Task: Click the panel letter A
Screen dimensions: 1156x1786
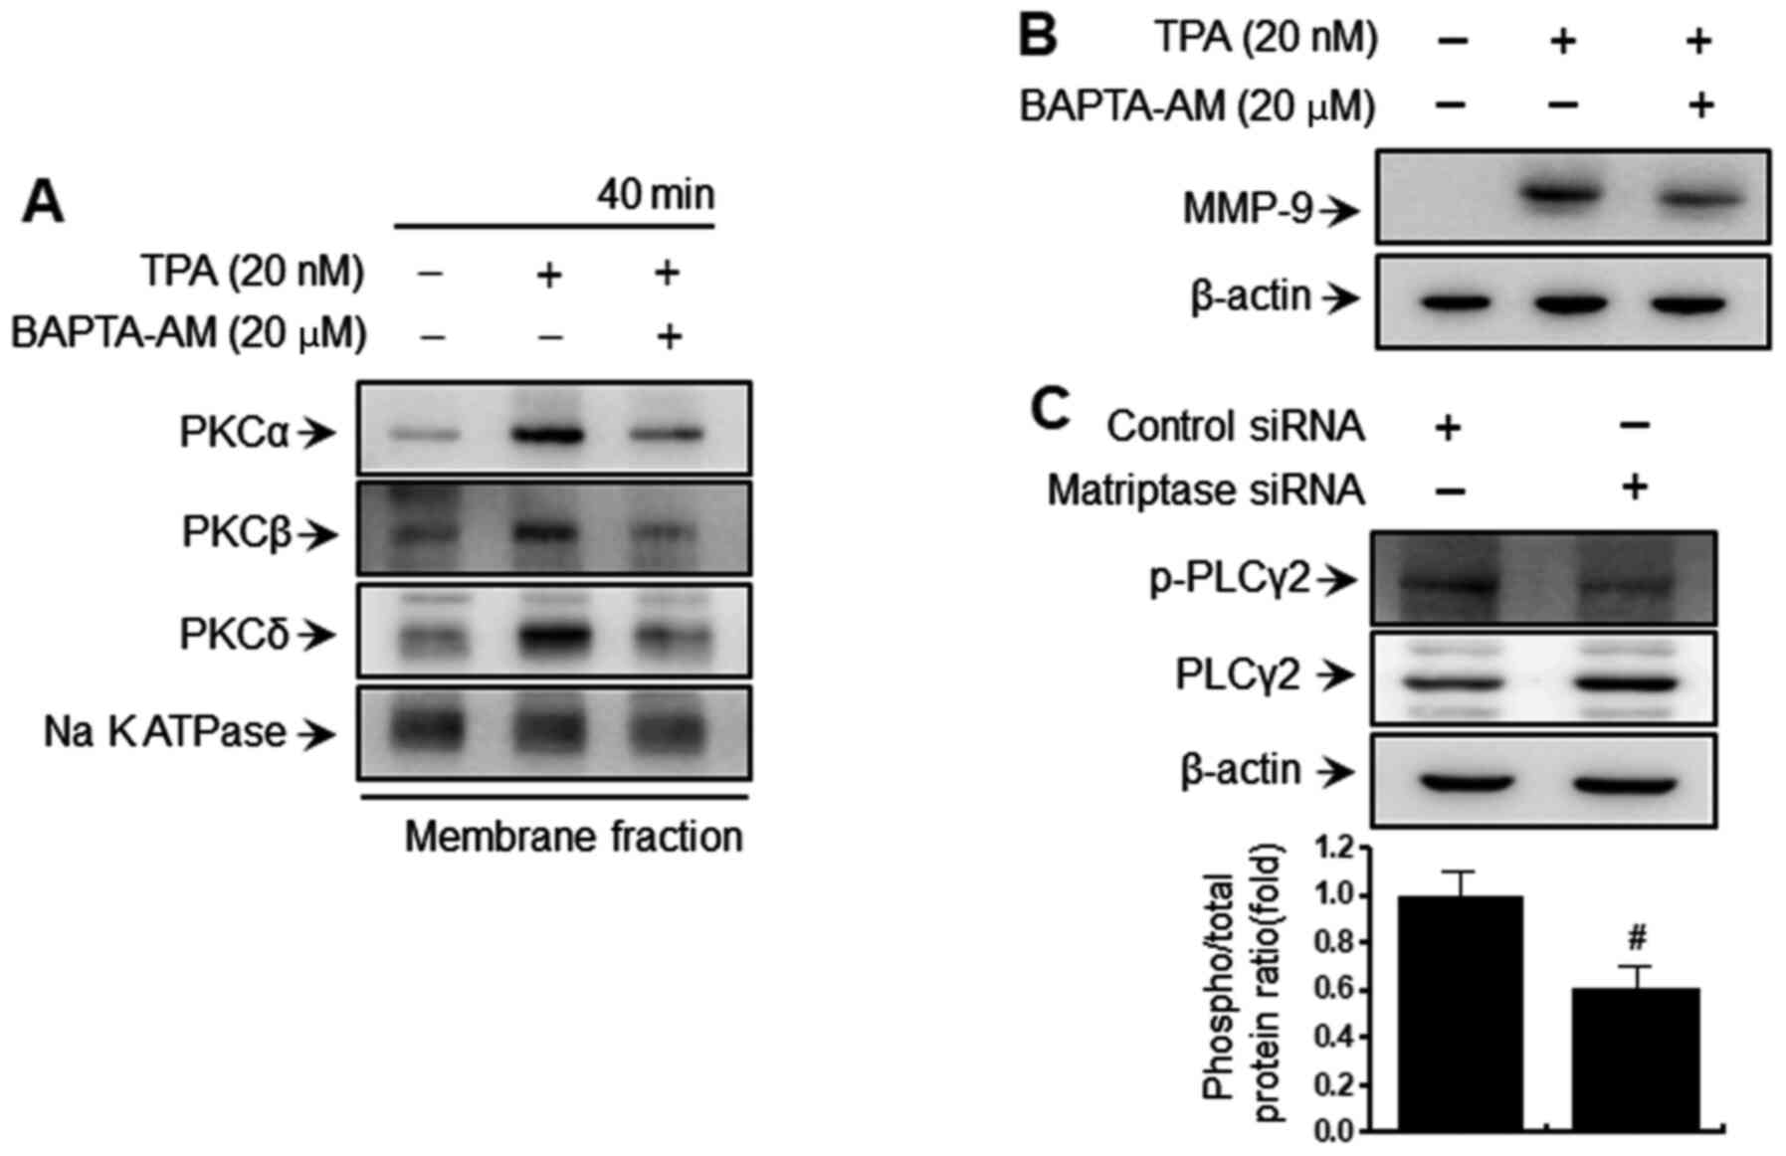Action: [x=43, y=203]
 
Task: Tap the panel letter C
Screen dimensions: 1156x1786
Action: [x=1049, y=409]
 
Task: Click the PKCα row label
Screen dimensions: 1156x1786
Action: [x=235, y=433]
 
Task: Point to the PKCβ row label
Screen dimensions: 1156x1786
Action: [x=237, y=533]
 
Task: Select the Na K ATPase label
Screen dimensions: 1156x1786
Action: [x=165, y=733]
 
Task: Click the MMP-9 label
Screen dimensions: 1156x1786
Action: [x=1248, y=209]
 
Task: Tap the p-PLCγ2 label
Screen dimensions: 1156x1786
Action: [x=1230, y=578]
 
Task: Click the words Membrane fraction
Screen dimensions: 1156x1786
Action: [x=573, y=837]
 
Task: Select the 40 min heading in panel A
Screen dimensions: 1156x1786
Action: [x=656, y=194]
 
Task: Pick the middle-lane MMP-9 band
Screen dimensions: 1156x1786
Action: [x=1562, y=194]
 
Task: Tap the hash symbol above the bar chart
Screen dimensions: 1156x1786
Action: [x=1638, y=936]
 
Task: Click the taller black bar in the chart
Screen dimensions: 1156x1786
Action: [x=1460, y=1013]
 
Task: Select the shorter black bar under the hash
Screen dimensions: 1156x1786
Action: [x=1636, y=1059]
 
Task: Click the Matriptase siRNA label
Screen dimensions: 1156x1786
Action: [x=1206, y=489]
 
